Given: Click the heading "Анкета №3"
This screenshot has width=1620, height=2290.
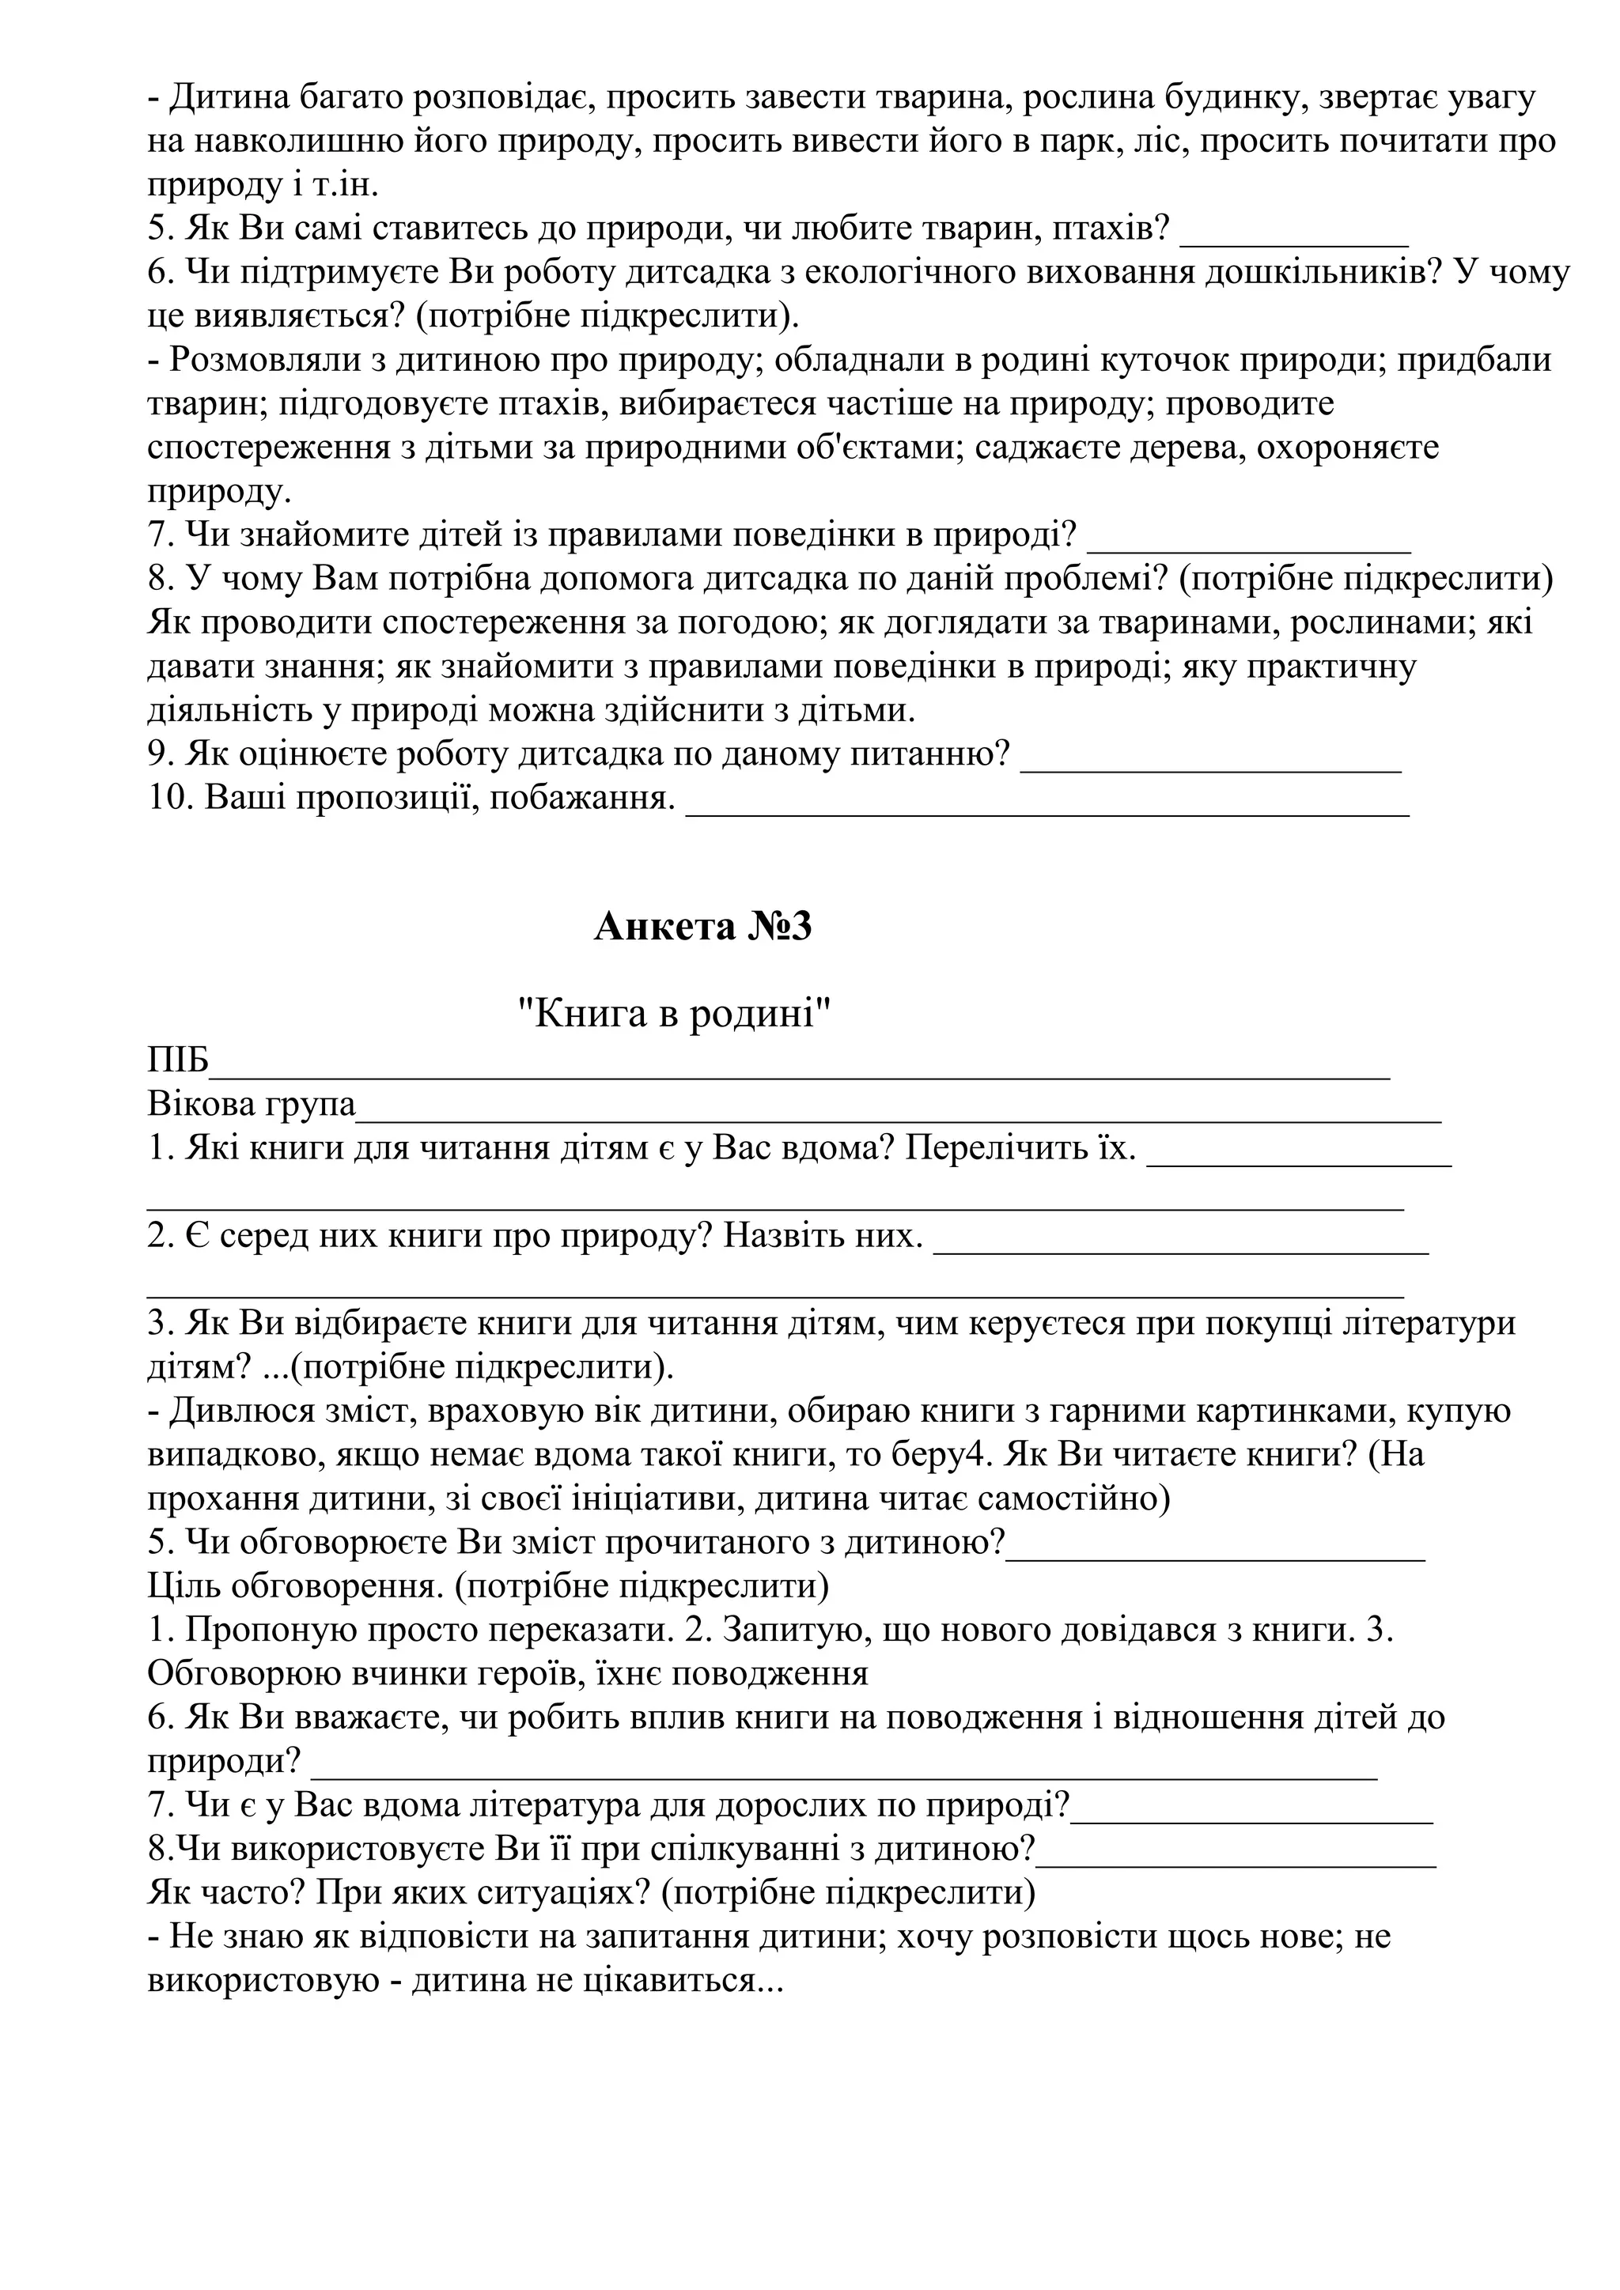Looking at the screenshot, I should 702,928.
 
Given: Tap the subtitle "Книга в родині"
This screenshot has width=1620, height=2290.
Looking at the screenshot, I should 674,1015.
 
